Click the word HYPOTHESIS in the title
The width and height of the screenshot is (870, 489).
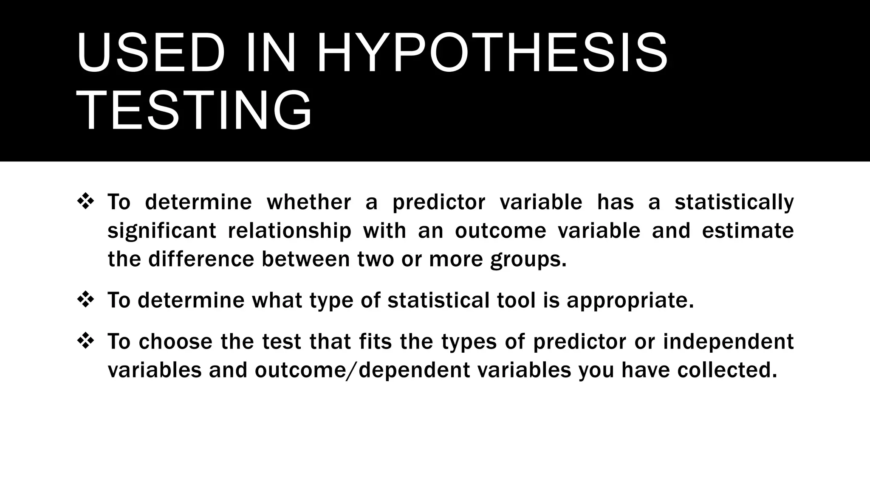point(492,54)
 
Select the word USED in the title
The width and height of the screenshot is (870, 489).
point(151,54)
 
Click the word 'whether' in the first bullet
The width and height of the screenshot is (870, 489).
point(309,202)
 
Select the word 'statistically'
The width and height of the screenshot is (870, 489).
point(734,202)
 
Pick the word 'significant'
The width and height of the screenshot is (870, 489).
point(162,231)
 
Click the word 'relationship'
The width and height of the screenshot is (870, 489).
point(290,231)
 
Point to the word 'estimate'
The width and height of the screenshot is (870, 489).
point(748,231)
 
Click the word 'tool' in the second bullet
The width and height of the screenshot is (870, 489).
point(516,300)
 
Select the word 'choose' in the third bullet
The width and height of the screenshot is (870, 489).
point(175,341)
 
